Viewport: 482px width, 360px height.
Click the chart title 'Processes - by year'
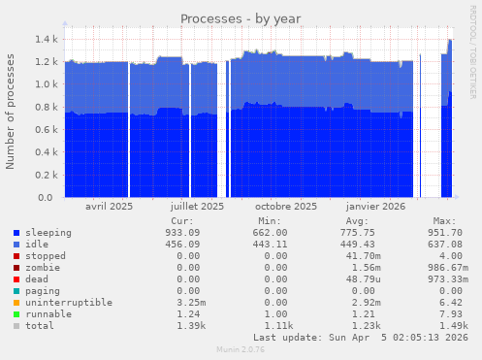tap(241, 19)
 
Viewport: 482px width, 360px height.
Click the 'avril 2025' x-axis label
tap(110, 207)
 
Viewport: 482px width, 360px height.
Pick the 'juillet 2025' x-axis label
tap(197, 207)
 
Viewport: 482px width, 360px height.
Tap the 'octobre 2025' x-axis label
tap(286, 207)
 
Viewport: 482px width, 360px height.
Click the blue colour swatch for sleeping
tap(16, 233)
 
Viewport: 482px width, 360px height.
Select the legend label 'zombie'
tap(42, 268)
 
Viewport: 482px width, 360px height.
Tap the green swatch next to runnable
tap(16, 314)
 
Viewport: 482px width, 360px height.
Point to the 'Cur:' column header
tap(181, 221)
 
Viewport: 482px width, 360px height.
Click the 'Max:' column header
tap(445, 221)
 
